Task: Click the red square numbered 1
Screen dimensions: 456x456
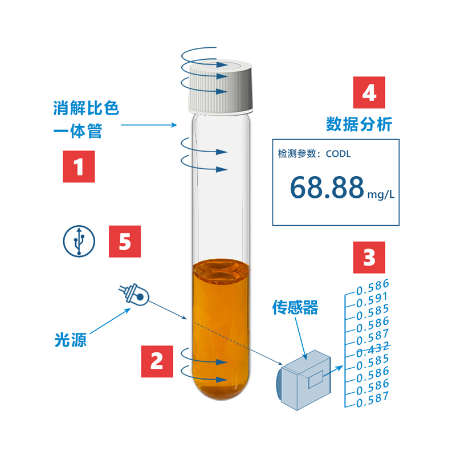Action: pos(79,166)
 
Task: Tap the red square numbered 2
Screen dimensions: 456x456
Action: pos(157,361)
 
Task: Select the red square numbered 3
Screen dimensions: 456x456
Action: pos(369,258)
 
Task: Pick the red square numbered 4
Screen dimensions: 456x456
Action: pos(369,92)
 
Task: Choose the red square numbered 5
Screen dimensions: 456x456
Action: pos(125,241)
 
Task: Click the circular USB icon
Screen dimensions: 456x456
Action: pos(79,241)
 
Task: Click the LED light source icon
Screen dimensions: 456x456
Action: pos(134,294)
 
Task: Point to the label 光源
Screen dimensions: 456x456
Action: pos(70,340)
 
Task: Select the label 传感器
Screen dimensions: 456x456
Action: pos(295,307)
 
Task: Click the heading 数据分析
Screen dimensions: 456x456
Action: pos(359,124)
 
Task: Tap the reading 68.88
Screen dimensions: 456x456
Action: pos(327,188)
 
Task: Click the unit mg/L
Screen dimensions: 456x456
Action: pos(381,194)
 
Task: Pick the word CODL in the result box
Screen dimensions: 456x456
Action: pos(338,153)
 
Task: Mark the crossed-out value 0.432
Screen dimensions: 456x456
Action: pos(373,348)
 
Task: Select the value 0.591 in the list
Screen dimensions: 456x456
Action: pos(372,300)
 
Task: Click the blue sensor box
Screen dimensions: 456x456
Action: pos(303,380)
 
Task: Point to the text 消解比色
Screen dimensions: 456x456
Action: pos(86,108)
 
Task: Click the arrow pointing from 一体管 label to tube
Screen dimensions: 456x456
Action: pos(149,125)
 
